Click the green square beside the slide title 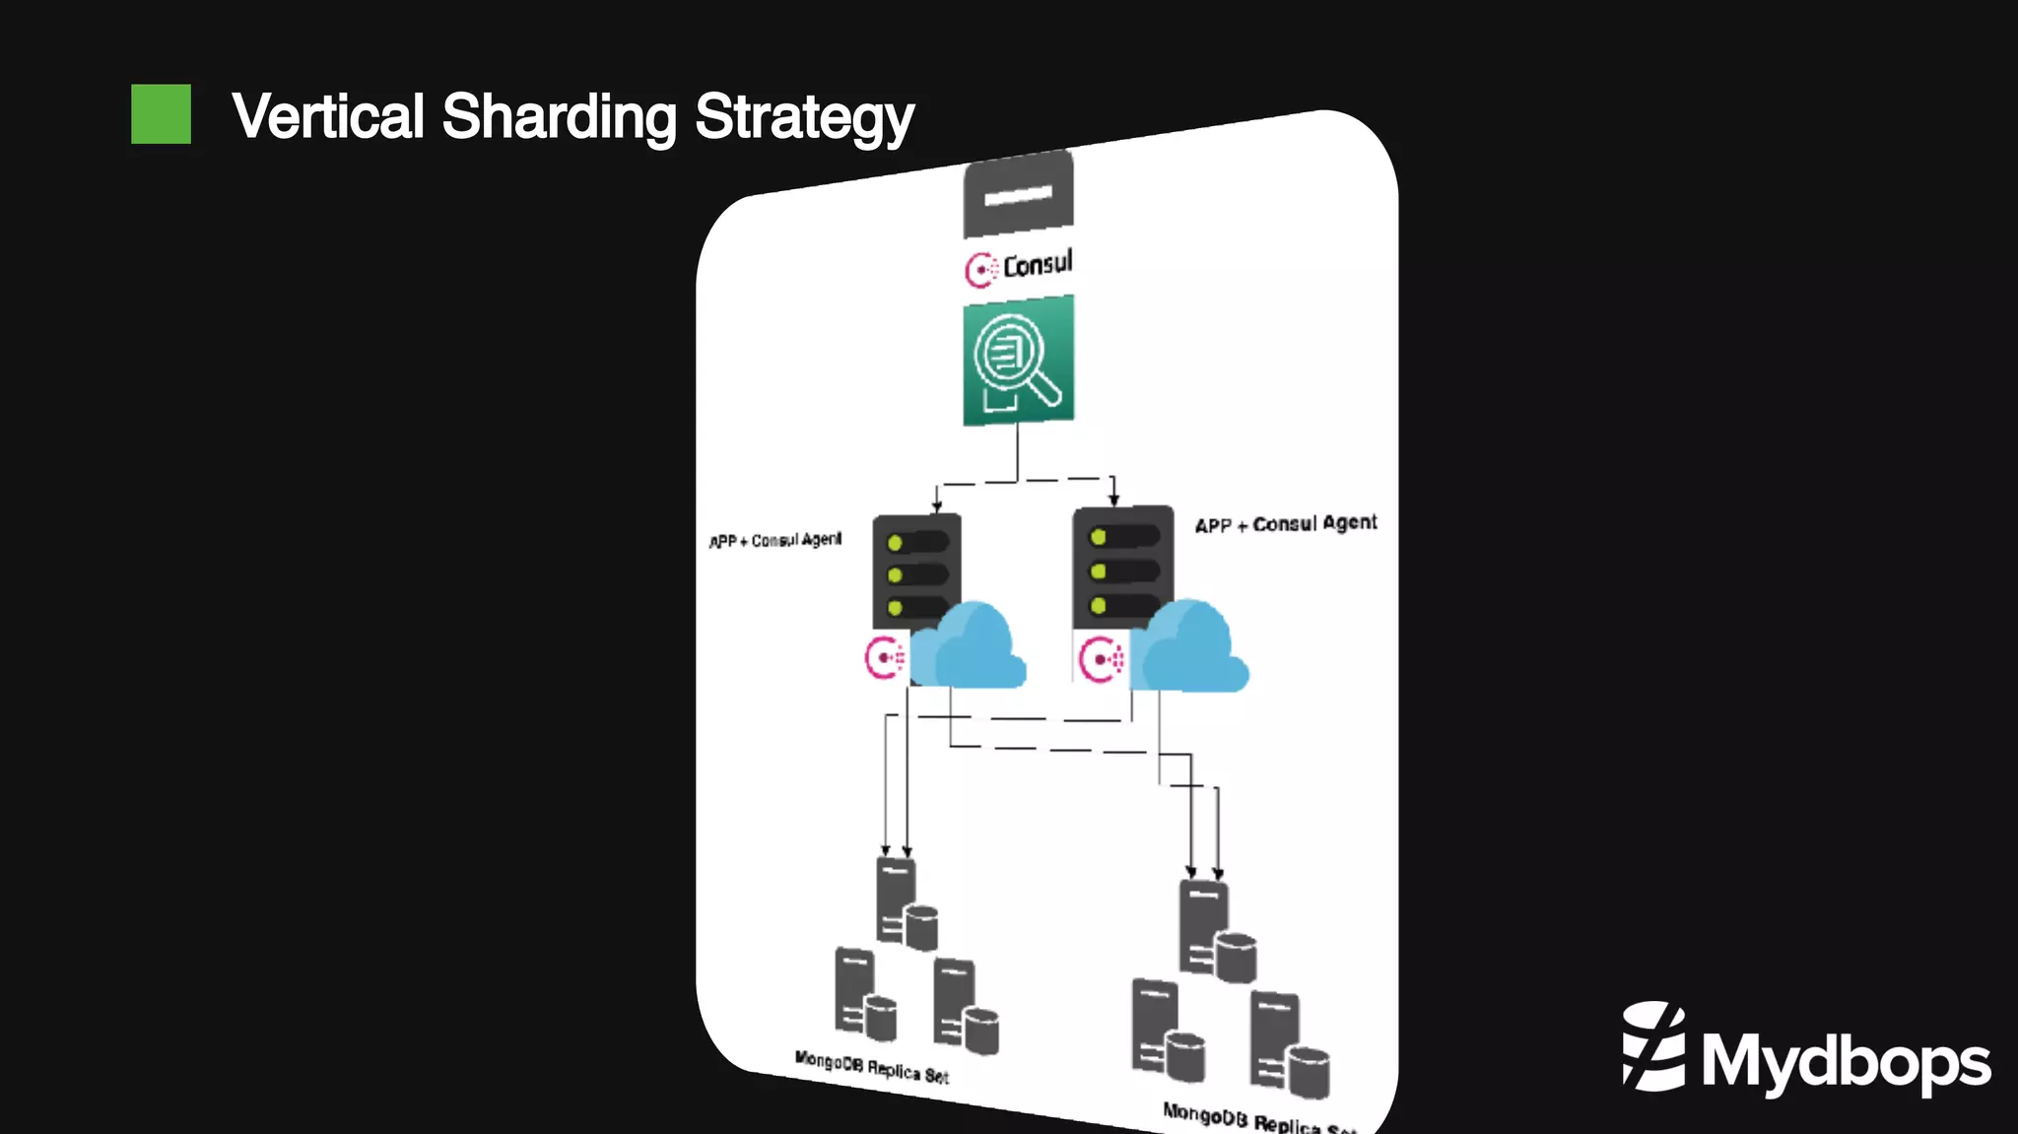pos(161,114)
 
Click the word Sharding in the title pos(559,116)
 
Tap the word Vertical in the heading pos(328,116)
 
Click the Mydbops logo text pos(1846,1062)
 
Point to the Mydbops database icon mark pos(1653,1046)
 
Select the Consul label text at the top pos(1038,264)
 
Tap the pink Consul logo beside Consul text pos(980,269)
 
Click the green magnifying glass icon pos(1018,361)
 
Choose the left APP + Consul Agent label pos(775,540)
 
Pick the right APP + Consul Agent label pos(1286,523)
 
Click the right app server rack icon pos(1121,566)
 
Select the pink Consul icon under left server pos(884,658)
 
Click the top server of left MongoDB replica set pos(906,902)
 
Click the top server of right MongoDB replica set pos(1216,930)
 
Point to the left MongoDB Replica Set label pos(871,1068)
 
